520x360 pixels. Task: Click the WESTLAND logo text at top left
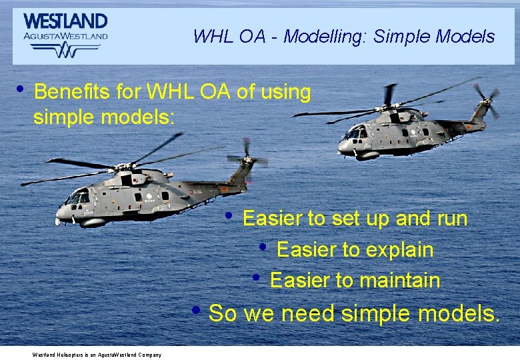tap(65, 21)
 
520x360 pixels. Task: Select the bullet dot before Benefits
tap(20, 89)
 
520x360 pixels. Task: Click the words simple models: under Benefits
tap(103, 117)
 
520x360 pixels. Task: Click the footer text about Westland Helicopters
tap(97, 355)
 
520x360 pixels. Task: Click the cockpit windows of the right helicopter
tap(355, 133)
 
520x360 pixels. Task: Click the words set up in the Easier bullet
tap(366, 219)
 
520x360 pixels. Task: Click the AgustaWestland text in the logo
tap(65, 36)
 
